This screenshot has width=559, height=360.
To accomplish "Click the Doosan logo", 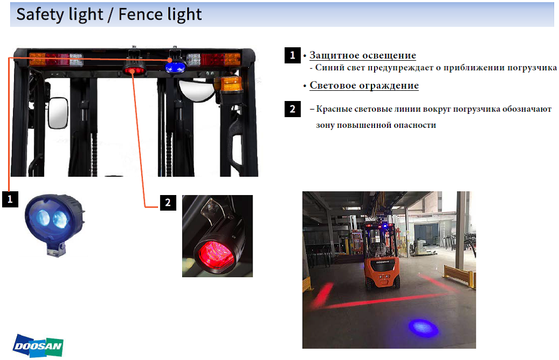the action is pyautogui.click(x=38, y=345).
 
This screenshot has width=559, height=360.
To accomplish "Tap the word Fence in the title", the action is pyautogui.click(x=140, y=15).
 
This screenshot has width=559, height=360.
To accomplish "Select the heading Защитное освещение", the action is pyautogui.click(x=363, y=55).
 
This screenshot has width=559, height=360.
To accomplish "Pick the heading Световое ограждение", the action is pyautogui.click(x=364, y=85).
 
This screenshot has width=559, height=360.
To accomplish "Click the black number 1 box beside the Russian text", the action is pyautogui.click(x=292, y=55).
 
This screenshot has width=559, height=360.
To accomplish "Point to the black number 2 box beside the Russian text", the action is pyautogui.click(x=292, y=109).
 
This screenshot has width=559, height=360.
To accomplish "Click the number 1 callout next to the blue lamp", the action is pyautogui.click(x=10, y=199).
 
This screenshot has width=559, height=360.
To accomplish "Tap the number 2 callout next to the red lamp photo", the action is pyautogui.click(x=168, y=203).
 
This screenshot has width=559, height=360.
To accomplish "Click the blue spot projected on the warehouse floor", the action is pyautogui.click(x=423, y=327).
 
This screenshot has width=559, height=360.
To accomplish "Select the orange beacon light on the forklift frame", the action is pyautogui.click(x=231, y=84).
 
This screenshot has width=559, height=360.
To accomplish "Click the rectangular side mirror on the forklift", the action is pyautogui.click(x=58, y=113).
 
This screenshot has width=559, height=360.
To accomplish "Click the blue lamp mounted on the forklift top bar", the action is pyautogui.click(x=175, y=67).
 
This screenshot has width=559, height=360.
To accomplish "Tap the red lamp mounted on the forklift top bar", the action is pyautogui.click(x=134, y=70).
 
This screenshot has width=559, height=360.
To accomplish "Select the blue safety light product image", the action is pyautogui.click(x=55, y=224).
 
